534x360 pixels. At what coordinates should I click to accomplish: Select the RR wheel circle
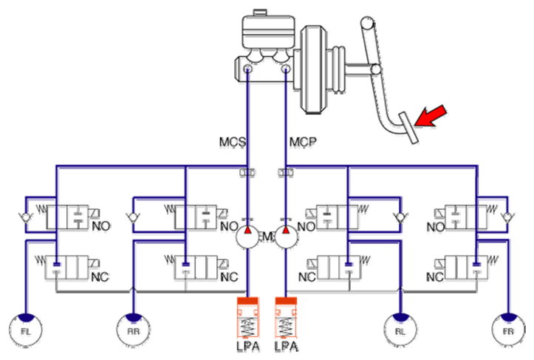pos(133,330)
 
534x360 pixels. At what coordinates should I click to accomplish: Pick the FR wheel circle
pos(507,330)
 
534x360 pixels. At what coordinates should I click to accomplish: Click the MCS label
pos(232,140)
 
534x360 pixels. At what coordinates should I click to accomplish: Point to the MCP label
pos(299,140)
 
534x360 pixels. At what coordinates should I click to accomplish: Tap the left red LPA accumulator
pos(249,319)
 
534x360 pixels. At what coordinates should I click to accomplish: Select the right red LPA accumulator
pos(285,319)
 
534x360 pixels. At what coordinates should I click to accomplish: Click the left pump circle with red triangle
pos(249,236)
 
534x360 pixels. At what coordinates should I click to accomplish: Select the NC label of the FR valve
pos(434,278)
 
